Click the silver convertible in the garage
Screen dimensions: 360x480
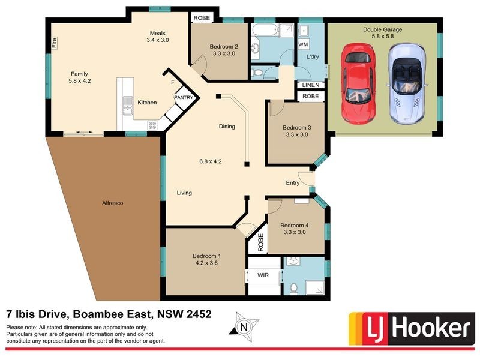coord(407,83)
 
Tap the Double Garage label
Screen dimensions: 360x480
coord(382,29)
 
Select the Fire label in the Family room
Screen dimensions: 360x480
coord(54,43)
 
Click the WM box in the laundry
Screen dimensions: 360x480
coord(303,45)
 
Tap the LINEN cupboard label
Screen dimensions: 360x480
coord(310,86)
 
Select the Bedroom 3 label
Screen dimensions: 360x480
coord(297,127)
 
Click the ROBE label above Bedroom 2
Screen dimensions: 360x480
coord(201,18)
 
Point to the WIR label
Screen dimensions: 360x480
coord(263,275)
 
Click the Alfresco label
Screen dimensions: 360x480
coord(112,203)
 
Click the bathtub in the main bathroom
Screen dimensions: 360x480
coord(264,30)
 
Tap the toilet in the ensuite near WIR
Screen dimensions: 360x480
coord(293,289)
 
